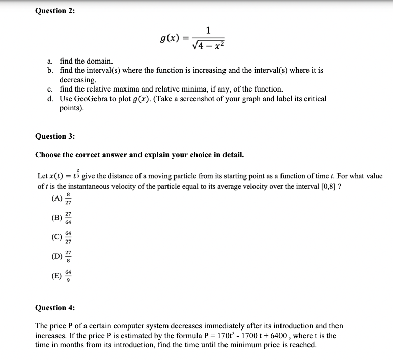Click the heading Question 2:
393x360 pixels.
tap(54, 11)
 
